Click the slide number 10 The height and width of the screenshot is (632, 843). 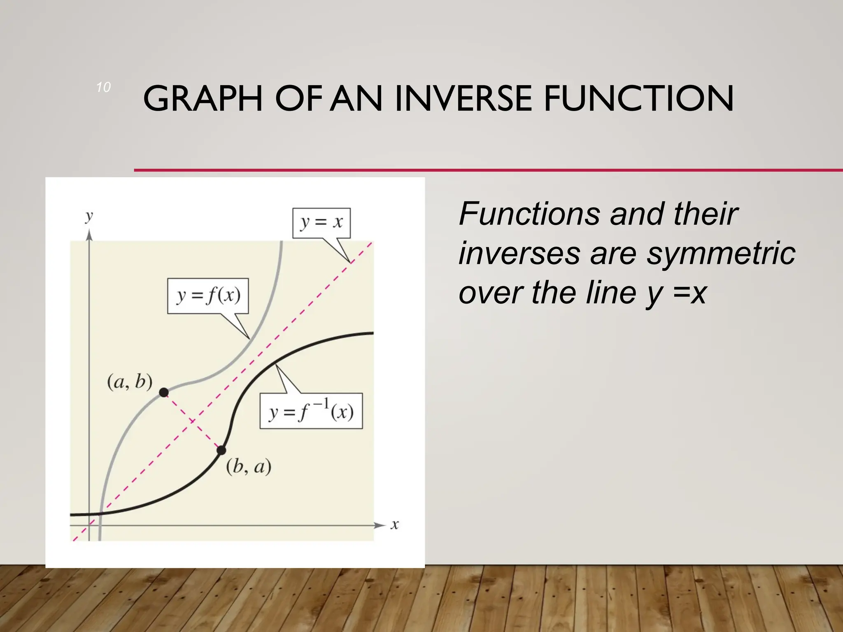[103, 87]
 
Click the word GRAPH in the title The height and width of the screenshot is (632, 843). [203, 99]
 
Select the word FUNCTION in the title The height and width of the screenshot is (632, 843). [638, 99]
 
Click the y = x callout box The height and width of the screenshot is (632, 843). [321, 223]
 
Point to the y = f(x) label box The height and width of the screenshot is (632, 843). [208, 296]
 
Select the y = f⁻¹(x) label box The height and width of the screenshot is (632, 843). [311, 411]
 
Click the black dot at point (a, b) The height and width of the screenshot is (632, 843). [164, 392]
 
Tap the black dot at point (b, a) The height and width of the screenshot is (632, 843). [221, 450]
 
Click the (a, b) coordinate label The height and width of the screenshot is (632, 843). [130, 382]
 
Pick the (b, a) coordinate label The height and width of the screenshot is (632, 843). [249, 467]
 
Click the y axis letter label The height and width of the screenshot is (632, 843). [89, 216]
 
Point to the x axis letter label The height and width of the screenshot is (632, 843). [395, 525]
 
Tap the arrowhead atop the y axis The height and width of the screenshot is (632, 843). [89, 235]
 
